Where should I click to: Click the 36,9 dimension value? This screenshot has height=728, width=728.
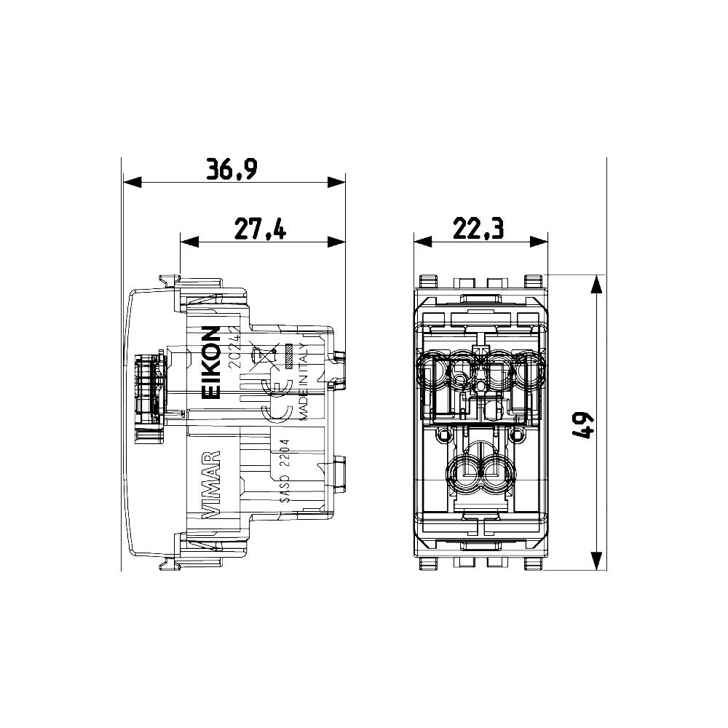coord(232,169)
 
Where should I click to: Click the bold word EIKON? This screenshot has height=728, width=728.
coord(210,363)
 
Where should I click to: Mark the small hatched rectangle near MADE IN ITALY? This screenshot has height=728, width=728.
coord(288,355)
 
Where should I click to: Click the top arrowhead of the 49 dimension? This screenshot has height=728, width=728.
coord(596,285)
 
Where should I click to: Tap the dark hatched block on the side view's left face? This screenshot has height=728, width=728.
coord(148,389)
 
